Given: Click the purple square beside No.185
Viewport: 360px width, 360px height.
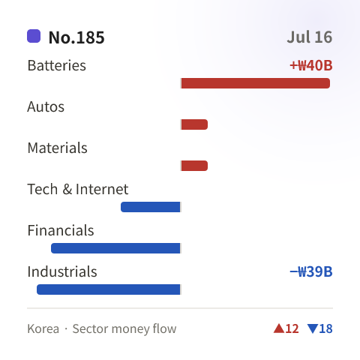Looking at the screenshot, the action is (34, 36).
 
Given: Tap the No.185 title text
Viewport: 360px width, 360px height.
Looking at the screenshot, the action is (76, 37).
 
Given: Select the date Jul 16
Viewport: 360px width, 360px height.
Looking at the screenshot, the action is (310, 37).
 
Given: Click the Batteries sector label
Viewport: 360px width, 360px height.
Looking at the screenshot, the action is (57, 65).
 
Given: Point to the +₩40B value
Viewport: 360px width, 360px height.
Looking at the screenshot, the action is (311, 65).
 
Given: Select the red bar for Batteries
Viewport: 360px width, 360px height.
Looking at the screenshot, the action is (256, 83).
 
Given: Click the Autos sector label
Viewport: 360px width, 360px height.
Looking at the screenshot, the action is (46, 106).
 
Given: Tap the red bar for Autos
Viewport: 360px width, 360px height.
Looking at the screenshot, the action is (194, 124).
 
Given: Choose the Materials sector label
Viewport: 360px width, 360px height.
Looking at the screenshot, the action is (58, 148).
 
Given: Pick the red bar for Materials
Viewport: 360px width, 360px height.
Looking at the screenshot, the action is (194, 166).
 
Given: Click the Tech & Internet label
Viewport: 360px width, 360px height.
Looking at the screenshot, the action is (78, 189).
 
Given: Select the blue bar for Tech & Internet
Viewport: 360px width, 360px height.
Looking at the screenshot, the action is (151, 207).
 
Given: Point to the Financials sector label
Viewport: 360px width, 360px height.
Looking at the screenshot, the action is (61, 230).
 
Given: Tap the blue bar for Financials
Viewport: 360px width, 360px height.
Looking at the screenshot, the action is (115, 248).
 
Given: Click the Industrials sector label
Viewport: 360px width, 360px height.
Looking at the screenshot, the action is (62, 271).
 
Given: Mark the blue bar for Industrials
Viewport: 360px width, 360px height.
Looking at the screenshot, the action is (109, 289).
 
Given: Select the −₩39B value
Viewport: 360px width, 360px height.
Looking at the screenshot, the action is (311, 271).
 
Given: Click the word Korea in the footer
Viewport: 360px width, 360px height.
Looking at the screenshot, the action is (43, 328).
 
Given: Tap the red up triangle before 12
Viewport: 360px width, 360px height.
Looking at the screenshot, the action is (279, 328).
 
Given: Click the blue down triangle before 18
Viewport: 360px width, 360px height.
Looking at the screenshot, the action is (313, 328).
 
